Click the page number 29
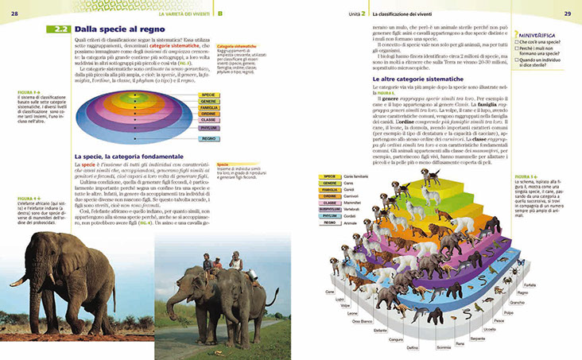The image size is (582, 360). pos(568,14)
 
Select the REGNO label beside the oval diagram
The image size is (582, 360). pos(208,138)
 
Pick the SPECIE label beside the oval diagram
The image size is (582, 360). pos(208,94)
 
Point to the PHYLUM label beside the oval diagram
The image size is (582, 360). pos(208,126)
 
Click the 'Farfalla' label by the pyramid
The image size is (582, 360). pos(530,285)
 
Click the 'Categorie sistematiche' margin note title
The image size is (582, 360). pos(241,47)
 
